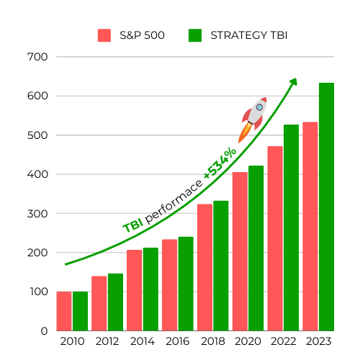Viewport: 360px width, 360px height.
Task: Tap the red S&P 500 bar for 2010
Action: pyautogui.click(x=64, y=311)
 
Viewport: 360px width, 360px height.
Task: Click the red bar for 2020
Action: pyautogui.click(x=240, y=251)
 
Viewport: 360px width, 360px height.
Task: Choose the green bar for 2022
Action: pyautogui.click(x=291, y=228)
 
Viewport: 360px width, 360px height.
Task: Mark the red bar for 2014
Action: pyautogui.click(x=135, y=290)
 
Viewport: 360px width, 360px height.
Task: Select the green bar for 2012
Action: pyautogui.click(x=115, y=302)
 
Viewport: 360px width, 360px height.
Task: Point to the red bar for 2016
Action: pyautogui.click(x=169, y=285)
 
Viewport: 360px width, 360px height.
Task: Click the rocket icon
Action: pyautogui.click(x=253, y=118)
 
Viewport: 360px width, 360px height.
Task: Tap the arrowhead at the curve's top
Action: pyautogui.click(x=293, y=81)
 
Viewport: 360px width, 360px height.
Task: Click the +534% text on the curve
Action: pyautogui.click(x=220, y=164)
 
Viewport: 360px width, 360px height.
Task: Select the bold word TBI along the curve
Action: pyautogui.click(x=132, y=225)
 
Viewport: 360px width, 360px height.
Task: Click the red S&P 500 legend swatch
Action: pyautogui.click(x=104, y=35)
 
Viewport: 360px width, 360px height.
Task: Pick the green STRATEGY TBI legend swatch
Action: pyautogui.click(x=194, y=35)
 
